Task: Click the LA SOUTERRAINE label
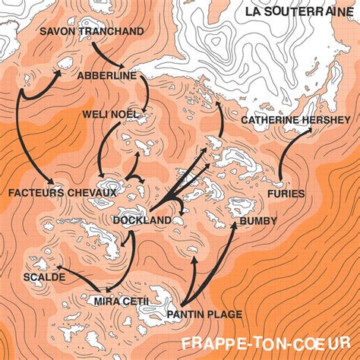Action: click(298, 11)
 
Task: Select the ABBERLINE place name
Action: click(106, 76)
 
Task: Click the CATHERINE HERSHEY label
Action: click(296, 120)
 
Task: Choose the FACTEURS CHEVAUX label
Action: click(62, 193)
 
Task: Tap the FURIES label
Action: click(286, 194)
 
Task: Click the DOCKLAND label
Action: click(142, 221)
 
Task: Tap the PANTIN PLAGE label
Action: click(204, 314)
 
